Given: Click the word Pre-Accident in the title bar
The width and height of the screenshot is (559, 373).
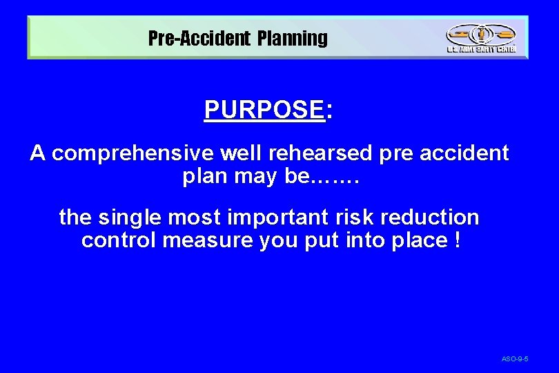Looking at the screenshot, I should click(x=199, y=38).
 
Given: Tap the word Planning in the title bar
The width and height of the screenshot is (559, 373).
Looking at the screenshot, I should click(x=293, y=38).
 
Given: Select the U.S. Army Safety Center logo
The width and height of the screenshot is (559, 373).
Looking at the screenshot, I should click(x=481, y=37).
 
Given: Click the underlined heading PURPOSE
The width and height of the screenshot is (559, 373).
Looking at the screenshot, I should click(x=264, y=109).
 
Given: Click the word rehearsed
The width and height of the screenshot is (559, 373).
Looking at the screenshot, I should click(x=328, y=153).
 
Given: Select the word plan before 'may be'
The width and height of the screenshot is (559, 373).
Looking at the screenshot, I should click(x=205, y=176).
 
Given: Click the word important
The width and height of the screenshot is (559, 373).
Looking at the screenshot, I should click(x=270, y=217).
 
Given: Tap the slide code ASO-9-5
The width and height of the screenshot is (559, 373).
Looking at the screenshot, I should click(x=515, y=359).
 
